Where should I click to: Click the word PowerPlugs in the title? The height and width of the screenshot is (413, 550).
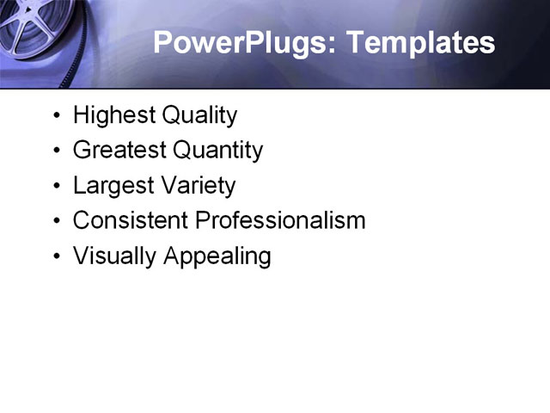[238, 43]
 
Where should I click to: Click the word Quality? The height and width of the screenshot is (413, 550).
[199, 115]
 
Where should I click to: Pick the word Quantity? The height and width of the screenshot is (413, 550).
[217, 151]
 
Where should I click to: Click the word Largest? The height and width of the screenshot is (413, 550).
[111, 186]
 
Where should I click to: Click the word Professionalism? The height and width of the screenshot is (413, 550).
[280, 220]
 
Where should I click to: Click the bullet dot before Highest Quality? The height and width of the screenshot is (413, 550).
[57, 116]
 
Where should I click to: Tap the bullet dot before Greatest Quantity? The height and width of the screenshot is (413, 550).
[57, 151]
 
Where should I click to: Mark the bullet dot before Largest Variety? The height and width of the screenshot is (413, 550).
[57, 187]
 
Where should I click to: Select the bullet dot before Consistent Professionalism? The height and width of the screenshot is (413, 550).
[57, 221]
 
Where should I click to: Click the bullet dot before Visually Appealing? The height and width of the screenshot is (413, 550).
[57, 256]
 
